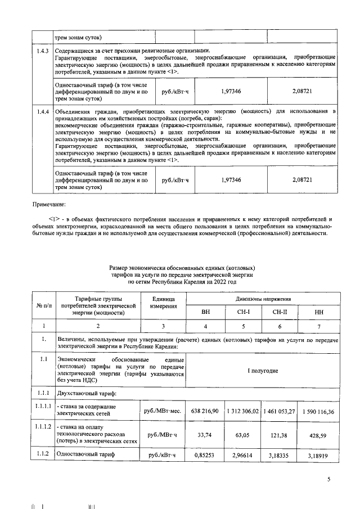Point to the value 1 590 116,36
tap(318, 412)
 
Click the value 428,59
tap(318, 435)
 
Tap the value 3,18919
tap(318, 456)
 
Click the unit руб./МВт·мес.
tap(163, 412)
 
